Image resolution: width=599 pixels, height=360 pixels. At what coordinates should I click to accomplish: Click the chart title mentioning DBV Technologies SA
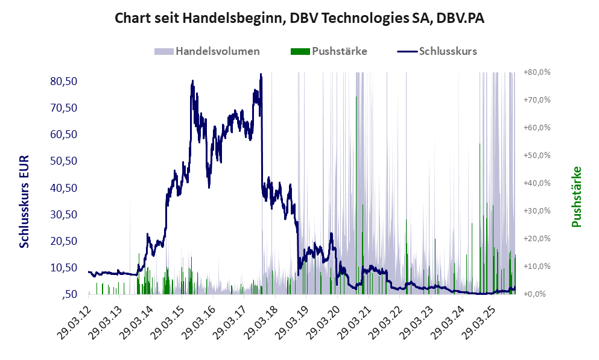300,18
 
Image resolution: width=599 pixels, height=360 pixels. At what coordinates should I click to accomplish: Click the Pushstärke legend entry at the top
329,51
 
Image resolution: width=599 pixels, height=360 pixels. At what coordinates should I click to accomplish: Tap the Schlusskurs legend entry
437,51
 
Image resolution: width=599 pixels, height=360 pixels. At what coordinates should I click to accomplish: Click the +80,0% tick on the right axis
537,72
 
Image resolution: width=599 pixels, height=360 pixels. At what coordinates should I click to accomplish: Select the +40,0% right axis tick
537,183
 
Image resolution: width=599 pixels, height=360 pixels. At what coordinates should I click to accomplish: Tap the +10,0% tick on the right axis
537,266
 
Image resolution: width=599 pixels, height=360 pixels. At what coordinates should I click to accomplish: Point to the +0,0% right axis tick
538,294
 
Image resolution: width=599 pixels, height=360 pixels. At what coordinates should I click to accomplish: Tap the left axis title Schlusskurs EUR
25,201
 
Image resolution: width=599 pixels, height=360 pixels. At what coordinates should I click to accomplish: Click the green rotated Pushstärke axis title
576,197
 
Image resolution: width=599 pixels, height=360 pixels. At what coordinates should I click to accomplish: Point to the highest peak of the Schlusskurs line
261,75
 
